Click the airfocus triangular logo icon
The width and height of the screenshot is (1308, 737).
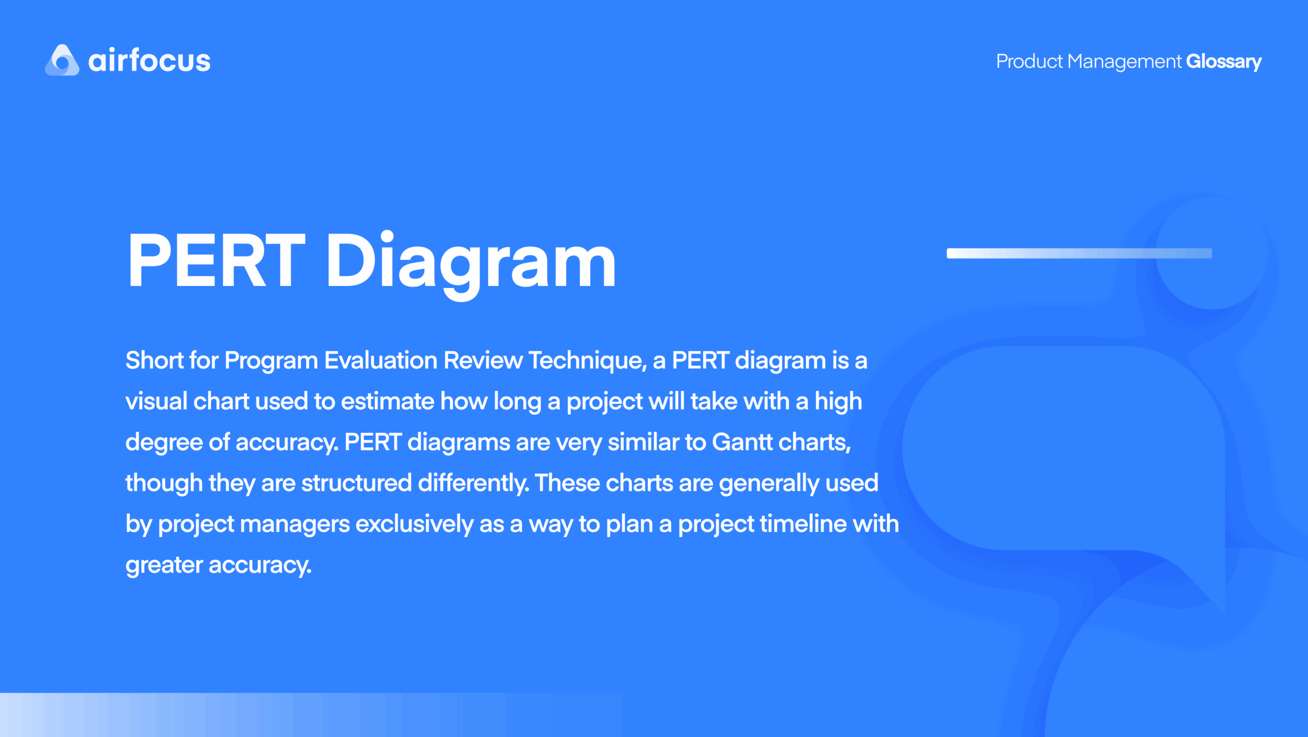tap(62, 60)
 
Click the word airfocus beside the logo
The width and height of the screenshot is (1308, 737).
tap(149, 60)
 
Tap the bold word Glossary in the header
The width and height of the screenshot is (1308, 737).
tap(1224, 62)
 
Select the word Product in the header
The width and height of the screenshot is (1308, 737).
tap(1029, 61)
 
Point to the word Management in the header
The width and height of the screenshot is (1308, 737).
tap(1125, 62)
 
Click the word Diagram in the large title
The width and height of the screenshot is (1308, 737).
tap(471, 265)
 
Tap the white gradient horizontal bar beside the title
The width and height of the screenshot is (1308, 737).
tap(1079, 253)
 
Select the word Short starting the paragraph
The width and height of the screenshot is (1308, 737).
tap(154, 360)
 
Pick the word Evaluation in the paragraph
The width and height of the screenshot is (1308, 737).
tap(381, 360)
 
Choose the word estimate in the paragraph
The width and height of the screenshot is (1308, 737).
tap(388, 401)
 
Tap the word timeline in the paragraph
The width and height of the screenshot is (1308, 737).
tap(803, 524)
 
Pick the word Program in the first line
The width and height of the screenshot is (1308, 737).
tap(271, 361)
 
